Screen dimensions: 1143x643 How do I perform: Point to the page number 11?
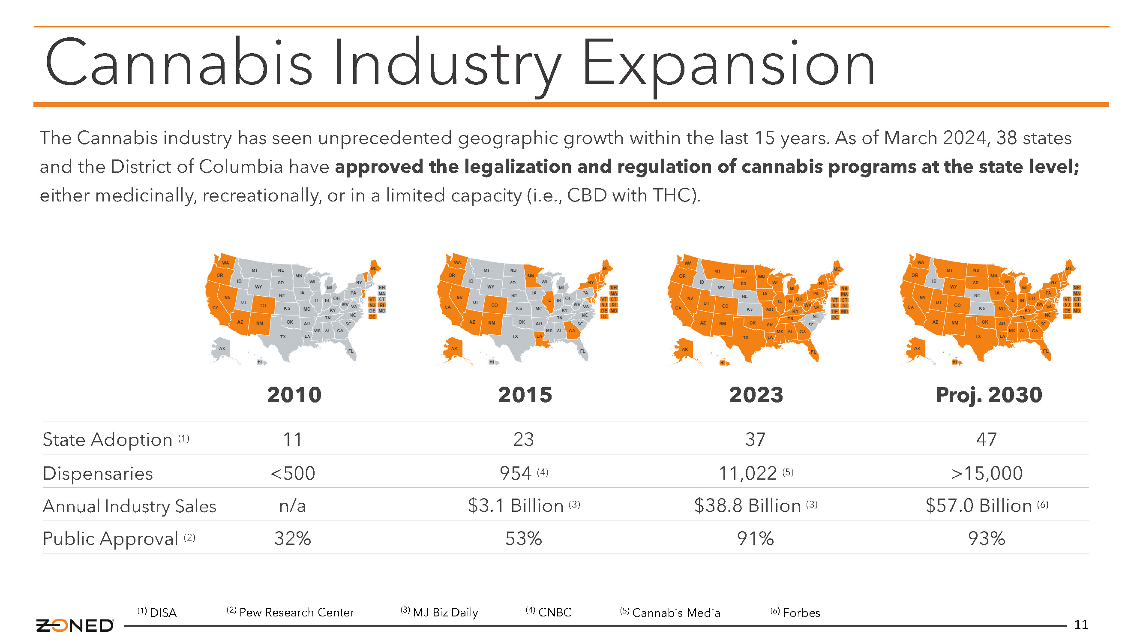pos(1080,625)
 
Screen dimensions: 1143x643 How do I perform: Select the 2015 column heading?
pos(525,394)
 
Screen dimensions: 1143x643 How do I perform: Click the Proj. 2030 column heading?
pos(989,395)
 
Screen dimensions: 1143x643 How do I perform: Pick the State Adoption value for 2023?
pos(755,439)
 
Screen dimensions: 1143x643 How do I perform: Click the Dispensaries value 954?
pos(516,473)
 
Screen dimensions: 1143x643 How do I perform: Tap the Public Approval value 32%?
pos(292,538)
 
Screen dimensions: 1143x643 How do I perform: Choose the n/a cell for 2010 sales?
pos(292,506)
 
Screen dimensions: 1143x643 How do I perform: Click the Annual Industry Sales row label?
pos(129,506)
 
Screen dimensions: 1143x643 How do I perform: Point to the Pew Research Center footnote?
pos(297,613)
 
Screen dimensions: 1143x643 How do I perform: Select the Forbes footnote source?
pos(801,613)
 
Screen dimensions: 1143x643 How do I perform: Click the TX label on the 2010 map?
pos(283,337)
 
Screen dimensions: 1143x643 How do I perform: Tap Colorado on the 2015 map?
pos(494,305)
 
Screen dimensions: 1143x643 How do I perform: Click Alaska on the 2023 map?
pos(684,349)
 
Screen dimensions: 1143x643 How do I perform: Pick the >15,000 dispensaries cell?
pos(987,473)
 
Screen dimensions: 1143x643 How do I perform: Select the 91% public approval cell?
pos(755,538)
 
